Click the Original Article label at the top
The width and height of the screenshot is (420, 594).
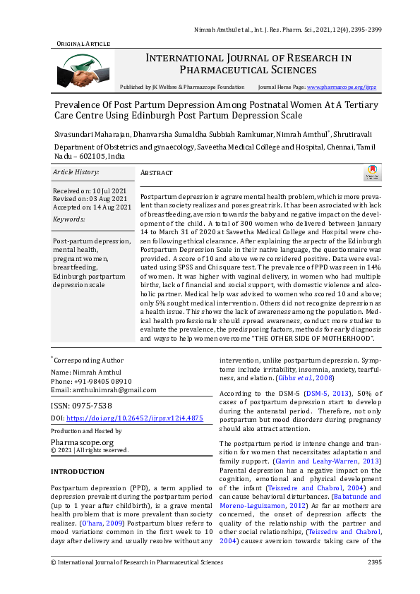coord(83,44)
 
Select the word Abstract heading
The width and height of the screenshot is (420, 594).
coord(157,173)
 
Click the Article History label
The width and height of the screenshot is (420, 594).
coord(76,172)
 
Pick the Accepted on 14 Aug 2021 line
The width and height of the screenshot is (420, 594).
coord(92,207)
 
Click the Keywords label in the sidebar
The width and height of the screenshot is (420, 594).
coord(68,219)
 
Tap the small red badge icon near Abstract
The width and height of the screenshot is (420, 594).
coord(373,173)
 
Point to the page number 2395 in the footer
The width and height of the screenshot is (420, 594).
coord(374,562)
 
